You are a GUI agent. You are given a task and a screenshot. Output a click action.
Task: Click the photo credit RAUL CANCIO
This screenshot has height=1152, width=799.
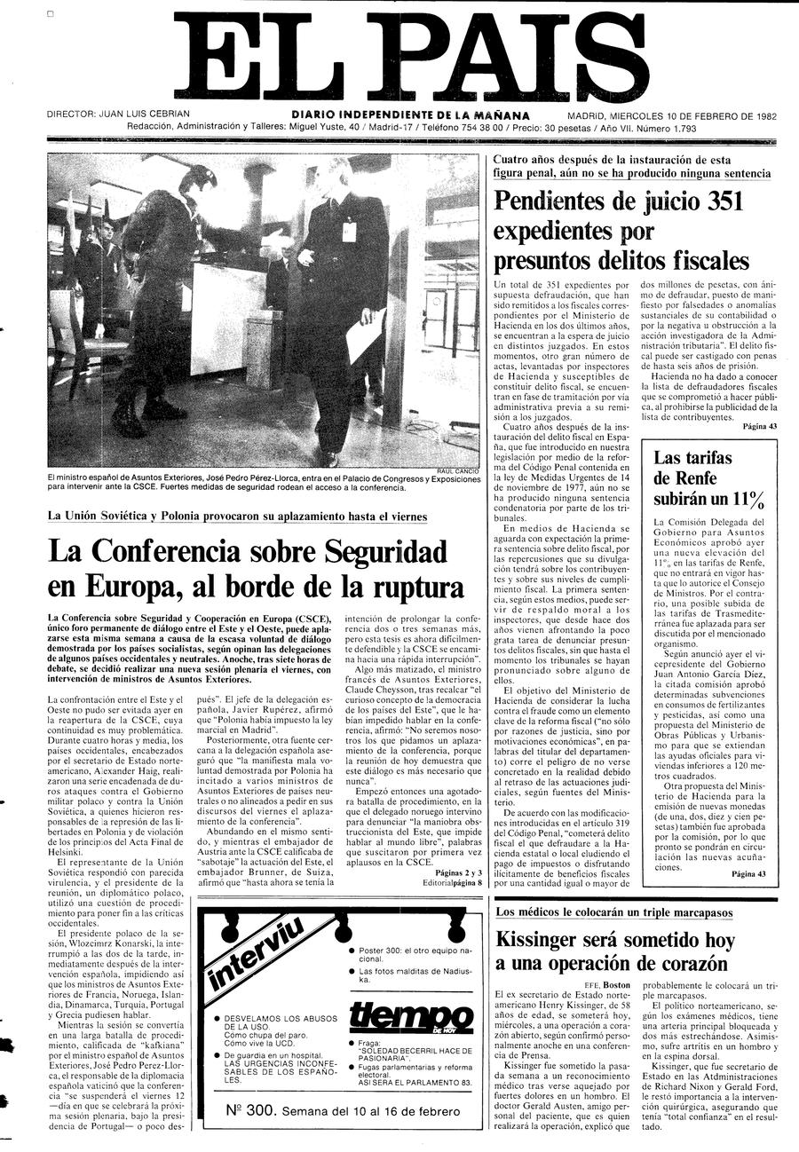coord(458,470)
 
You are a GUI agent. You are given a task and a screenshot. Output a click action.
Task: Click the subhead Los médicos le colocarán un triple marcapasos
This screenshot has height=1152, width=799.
coord(613,912)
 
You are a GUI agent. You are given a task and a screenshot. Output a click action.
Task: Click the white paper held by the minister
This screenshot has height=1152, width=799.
coord(365,342)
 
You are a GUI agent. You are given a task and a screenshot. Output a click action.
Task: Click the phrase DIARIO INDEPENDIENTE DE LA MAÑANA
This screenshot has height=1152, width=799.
coord(410,114)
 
